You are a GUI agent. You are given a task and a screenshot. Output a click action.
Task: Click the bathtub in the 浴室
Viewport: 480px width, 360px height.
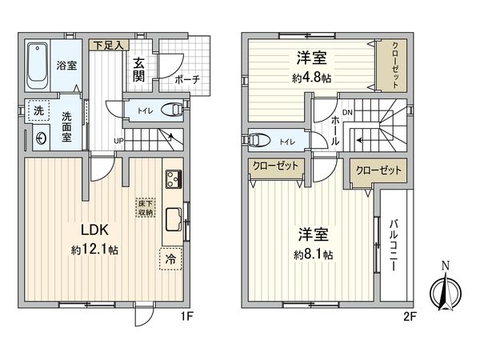click(x=38, y=66)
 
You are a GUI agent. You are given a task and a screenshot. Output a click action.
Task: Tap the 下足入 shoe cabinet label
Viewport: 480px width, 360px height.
click(x=109, y=46)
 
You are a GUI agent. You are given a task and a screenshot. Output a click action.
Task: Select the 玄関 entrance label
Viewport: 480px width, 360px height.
click(x=138, y=70)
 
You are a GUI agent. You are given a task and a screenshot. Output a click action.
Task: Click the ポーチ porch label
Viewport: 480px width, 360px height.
click(x=187, y=80)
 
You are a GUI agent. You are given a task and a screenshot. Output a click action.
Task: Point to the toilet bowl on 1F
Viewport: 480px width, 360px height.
click(x=172, y=110)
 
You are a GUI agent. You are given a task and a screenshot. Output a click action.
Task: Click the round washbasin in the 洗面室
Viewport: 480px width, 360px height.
click(x=41, y=138)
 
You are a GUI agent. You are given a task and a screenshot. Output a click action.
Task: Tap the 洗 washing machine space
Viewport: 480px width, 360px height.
click(x=38, y=111)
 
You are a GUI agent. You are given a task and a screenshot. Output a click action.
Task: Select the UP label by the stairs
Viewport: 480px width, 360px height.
click(x=118, y=141)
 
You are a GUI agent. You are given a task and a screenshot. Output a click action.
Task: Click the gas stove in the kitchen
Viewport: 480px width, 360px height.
click(x=174, y=179)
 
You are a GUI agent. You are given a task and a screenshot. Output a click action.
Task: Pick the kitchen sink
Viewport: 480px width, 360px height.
click(x=174, y=219)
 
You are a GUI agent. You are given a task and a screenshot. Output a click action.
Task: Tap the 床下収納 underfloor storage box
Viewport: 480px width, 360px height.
click(x=146, y=207)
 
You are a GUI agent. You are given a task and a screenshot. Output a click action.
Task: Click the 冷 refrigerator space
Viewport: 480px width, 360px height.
click(x=170, y=259)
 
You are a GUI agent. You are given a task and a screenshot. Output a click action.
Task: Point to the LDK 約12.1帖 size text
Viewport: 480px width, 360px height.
click(x=94, y=250)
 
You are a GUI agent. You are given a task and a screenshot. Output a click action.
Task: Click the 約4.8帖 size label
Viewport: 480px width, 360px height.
click(x=312, y=78)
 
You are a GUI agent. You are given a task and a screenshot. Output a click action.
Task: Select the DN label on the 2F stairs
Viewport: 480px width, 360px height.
click(x=347, y=113)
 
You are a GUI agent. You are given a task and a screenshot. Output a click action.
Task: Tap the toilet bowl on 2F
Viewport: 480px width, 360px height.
click(x=259, y=140)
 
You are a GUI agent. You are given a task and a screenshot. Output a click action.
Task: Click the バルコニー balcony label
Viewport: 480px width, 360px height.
click(x=394, y=246)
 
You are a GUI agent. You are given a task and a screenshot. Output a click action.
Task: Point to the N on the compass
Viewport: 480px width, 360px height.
click(x=446, y=266)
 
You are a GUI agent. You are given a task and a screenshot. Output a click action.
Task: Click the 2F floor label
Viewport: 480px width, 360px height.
click(x=410, y=317)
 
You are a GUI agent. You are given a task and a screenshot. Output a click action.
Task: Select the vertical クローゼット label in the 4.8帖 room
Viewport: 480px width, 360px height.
click(x=395, y=66)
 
